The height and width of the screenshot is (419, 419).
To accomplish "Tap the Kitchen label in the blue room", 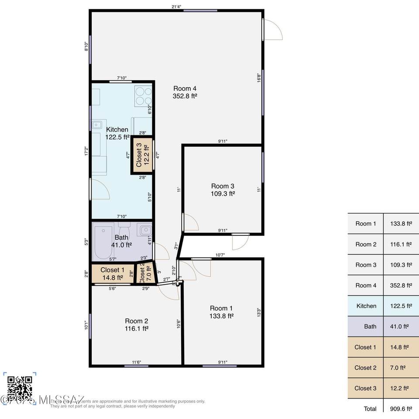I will click(117, 130).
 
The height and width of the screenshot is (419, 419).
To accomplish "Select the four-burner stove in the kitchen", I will click(143, 96).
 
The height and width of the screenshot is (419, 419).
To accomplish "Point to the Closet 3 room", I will click(143, 156).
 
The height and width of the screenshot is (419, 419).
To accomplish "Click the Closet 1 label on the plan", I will click(112, 270).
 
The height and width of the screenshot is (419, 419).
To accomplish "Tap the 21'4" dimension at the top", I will click(176, 7).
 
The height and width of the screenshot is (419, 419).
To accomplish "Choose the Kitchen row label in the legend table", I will click(366, 306).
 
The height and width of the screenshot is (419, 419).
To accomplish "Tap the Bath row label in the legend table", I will click(370, 326).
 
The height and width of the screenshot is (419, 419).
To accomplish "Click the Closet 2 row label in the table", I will click(365, 367).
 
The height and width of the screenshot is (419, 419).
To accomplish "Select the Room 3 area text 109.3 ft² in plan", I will click(223, 193).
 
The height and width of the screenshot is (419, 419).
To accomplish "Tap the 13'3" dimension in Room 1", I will click(258, 313).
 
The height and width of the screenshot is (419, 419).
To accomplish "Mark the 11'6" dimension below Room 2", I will click(137, 362).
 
